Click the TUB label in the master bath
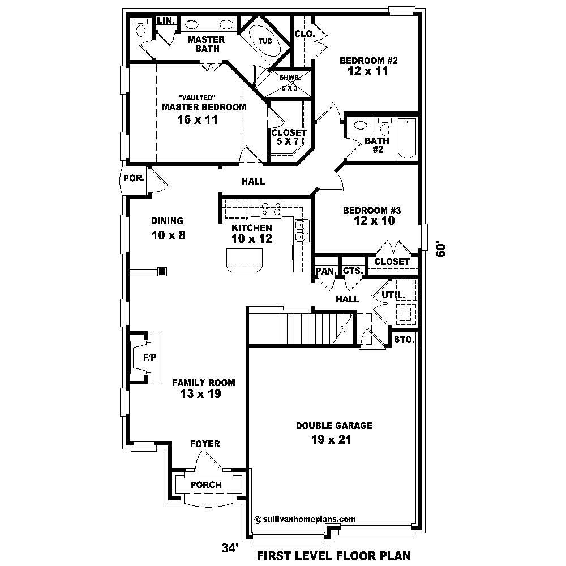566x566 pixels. (x=265, y=41)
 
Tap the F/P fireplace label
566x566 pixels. (x=149, y=358)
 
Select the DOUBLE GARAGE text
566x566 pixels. (x=334, y=426)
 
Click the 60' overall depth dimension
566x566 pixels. (x=441, y=250)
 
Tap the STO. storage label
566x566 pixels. (x=404, y=340)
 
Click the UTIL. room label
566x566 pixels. (x=393, y=295)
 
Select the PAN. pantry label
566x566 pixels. (x=326, y=271)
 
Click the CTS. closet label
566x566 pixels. (x=353, y=271)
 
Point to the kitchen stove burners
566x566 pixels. (x=271, y=209)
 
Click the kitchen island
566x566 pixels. (x=245, y=260)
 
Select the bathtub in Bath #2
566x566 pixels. (x=406, y=138)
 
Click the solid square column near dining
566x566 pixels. (x=162, y=272)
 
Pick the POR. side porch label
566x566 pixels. (x=134, y=178)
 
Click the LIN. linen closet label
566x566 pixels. (x=166, y=20)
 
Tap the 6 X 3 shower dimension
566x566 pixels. (x=291, y=88)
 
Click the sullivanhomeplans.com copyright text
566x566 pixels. (x=305, y=518)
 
